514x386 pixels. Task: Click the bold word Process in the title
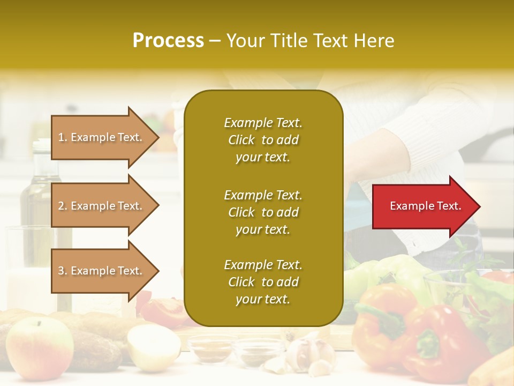[168, 41]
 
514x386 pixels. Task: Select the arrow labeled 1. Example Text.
[102, 137]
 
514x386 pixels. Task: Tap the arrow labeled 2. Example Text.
[102, 206]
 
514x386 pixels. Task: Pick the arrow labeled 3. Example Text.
[102, 271]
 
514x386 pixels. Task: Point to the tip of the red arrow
[479, 206]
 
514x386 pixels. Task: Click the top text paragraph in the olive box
[263, 140]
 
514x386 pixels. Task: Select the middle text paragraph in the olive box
[263, 212]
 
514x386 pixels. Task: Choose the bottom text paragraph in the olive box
[263, 282]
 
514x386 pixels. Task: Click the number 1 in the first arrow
[61, 137]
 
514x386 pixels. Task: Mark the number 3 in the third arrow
[61, 271]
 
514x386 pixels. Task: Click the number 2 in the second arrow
[61, 206]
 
